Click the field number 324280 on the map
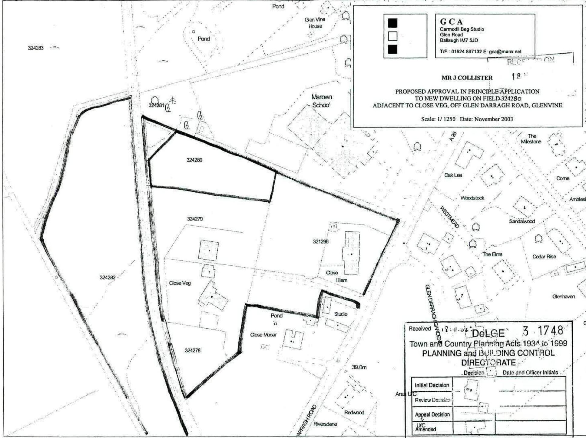pyautogui.click(x=194, y=160)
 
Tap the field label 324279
pyautogui.click(x=195, y=219)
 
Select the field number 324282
pyautogui.click(x=108, y=277)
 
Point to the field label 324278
pyautogui.click(x=193, y=350)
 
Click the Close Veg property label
pyautogui.click(x=180, y=283)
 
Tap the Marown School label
pyautogui.click(x=322, y=101)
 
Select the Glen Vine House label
pyautogui.click(x=315, y=23)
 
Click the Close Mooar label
pyautogui.click(x=263, y=335)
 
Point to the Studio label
pyautogui.click(x=341, y=314)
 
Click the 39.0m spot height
pyautogui.click(x=359, y=367)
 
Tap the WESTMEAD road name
pyautogui.click(x=450, y=217)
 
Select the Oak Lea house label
pyautogui.click(x=453, y=175)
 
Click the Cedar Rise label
pyautogui.click(x=544, y=257)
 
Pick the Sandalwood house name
pyautogui.click(x=522, y=221)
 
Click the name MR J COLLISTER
pyautogui.click(x=467, y=78)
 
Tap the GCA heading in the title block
pyautogui.click(x=451, y=22)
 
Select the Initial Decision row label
pyautogui.click(x=432, y=385)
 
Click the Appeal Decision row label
pyautogui.click(x=432, y=414)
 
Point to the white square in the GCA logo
pyautogui.click(x=392, y=36)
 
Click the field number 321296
pyautogui.click(x=321, y=242)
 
